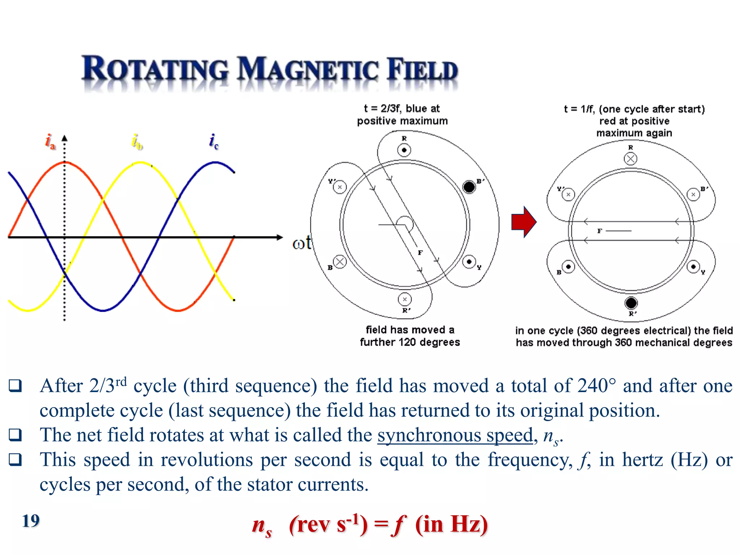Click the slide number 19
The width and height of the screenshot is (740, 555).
[31, 521]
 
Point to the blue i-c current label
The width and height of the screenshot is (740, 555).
[214, 141]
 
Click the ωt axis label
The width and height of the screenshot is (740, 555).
[301, 243]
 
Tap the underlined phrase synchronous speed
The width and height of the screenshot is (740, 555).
[455, 435]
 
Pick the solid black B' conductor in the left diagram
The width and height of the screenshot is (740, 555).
[469, 187]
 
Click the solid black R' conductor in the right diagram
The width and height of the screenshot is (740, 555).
[631, 303]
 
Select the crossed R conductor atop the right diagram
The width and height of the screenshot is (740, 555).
[631, 159]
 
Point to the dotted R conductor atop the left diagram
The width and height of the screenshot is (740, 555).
[404, 150]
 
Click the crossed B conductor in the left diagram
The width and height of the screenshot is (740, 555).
[339, 262]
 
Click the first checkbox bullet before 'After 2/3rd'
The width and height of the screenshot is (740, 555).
[15, 386]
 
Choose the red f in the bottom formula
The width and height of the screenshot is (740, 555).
[399, 525]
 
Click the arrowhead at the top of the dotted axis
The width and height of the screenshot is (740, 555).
[64, 138]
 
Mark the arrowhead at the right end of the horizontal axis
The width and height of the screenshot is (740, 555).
[279, 237]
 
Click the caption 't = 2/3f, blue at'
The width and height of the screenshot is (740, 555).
[402, 108]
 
